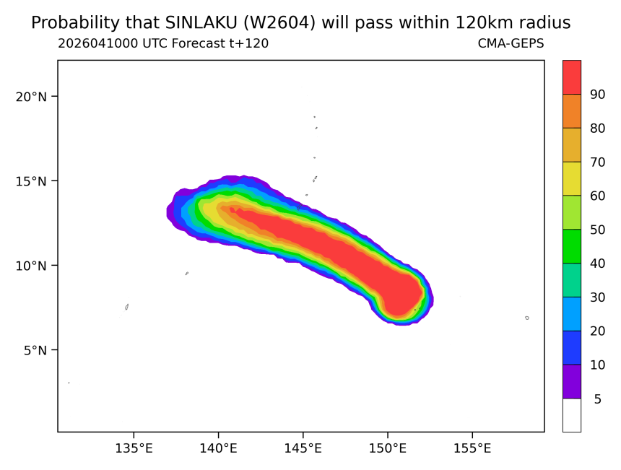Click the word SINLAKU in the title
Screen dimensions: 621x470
[201, 23]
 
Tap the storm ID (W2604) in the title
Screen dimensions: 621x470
[279, 23]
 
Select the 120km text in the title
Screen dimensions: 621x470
[479, 23]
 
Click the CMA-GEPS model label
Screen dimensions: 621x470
[511, 43]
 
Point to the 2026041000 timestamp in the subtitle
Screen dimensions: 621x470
[98, 43]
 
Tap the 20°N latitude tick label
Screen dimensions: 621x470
[31, 96]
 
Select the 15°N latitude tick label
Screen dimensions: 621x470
[31, 181]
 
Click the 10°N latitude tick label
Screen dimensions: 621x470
[31, 265]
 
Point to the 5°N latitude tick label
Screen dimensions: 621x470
[35, 350]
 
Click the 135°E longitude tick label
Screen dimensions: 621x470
[134, 448]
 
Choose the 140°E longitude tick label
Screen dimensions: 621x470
[218, 448]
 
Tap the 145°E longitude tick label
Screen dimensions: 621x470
[303, 448]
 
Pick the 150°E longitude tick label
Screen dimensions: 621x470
[387, 448]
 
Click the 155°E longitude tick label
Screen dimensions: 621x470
[472, 448]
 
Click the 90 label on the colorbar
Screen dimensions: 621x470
[597, 95]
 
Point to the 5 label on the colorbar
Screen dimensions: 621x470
[598, 399]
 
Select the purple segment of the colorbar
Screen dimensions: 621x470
[572, 381]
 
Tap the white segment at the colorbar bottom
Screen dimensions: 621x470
[572, 415]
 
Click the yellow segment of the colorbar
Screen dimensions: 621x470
[572, 178]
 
